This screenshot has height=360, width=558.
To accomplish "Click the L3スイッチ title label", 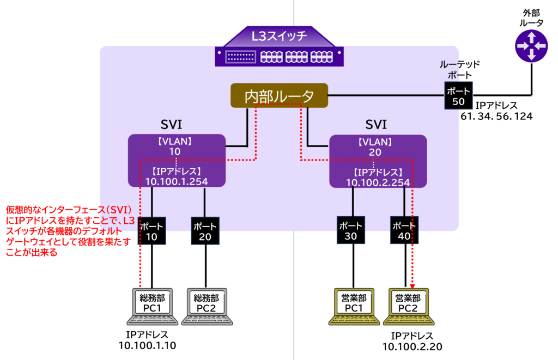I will pyautogui.click(x=279, y=36).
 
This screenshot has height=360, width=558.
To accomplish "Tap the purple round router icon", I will pyautogui.click(x=531, y=46).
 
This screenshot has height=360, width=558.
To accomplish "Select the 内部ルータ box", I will pyautogui.click(x=279, y=96).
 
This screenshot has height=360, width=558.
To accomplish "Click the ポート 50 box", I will pyautogui.click(x=458, y=96).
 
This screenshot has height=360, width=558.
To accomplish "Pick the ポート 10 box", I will pyautogui.click(x=151, y=231).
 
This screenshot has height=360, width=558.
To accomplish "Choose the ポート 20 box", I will pyautogui.click(x=205, y=231).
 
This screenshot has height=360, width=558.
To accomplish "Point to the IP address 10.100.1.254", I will pyautogui.click(x=177, y=181).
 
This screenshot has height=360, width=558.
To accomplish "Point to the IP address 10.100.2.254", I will pyautogui.click(x=378, y=182).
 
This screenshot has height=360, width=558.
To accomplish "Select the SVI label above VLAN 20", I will pyautogui.click(x=376, y=124).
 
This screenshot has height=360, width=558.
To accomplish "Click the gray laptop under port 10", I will pyautogui.click(x=153, y=307).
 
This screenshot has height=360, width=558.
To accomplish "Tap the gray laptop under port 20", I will pyautogui.click(x=207, y=307).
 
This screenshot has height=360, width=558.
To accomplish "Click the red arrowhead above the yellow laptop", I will pyautogui.click(x=413, y=285).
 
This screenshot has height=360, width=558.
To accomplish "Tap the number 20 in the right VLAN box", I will pyautogui.click(x=375, y=152).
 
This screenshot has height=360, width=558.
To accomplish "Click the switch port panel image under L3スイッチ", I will pyautogui.click(x=279, y=57).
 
